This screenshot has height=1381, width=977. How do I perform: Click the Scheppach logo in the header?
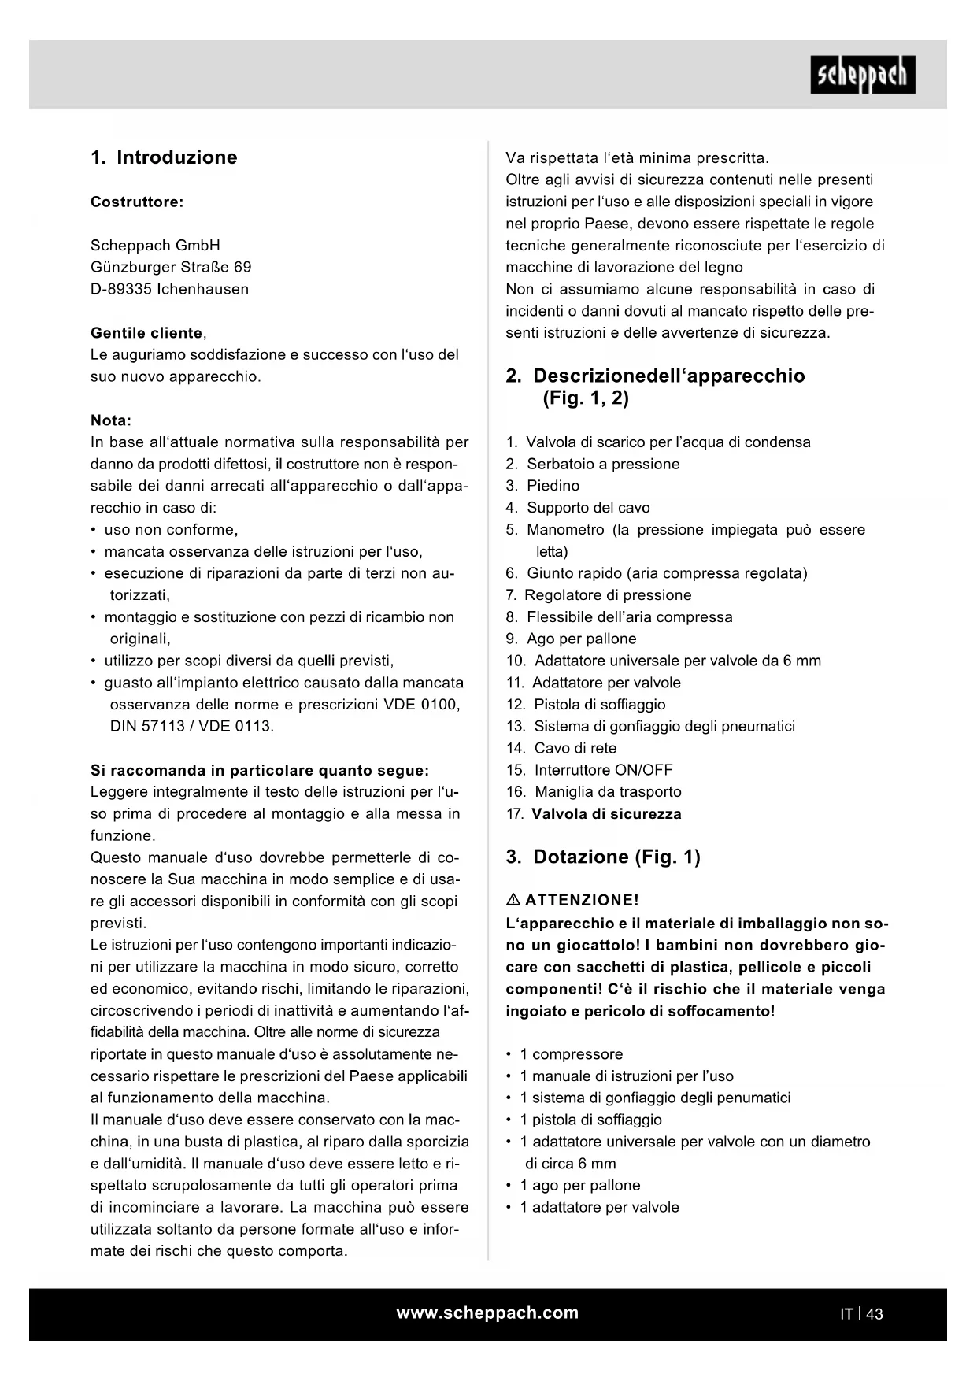[862, 76]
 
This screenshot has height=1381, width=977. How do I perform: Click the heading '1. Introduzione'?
[164, 157]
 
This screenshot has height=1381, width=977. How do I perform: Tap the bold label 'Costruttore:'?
[137, 202]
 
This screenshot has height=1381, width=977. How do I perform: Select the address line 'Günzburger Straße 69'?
[171, 267]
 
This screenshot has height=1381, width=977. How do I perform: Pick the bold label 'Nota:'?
[111, 420]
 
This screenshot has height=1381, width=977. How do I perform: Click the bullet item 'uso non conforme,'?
[171, 530]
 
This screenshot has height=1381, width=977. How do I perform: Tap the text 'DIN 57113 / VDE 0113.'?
[192, 726]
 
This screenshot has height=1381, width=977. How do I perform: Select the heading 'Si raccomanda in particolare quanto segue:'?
[260, 770]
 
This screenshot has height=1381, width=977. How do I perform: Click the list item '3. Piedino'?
[542, 486]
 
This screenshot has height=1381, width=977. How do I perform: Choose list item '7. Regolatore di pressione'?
[598, 595]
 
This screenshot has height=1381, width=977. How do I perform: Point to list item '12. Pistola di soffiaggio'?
[586, 705]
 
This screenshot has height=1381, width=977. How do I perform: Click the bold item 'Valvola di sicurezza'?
[606, 814]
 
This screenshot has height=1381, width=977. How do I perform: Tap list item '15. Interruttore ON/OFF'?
[590, 770]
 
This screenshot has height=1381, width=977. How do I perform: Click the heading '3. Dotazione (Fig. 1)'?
[603, 857]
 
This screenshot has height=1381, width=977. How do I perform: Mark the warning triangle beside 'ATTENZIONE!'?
[513, 900]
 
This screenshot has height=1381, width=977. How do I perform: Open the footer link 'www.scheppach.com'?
[487, 1313]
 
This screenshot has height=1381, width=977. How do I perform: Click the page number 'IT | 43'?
[861, 1313]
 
